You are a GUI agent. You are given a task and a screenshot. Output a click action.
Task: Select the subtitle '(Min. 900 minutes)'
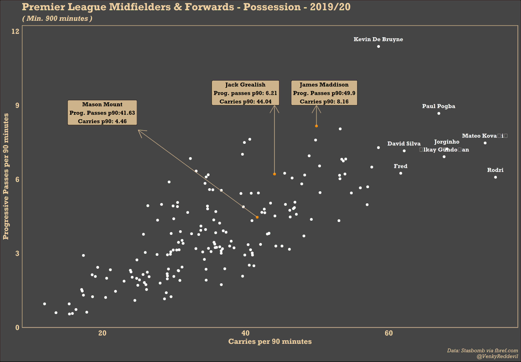(x=57, y=19)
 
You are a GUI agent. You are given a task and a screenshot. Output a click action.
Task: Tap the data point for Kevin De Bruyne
(x=378, y=46)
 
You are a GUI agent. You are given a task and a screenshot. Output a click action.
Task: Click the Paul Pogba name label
(x=439, y=106)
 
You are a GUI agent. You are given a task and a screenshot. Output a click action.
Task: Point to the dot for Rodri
(x=495, y=177)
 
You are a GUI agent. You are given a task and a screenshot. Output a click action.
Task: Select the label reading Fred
(x=400, y=166)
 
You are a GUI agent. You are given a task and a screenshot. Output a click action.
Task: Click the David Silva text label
(x=404, y=144)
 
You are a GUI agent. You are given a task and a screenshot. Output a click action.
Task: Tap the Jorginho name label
(x=446, y=142)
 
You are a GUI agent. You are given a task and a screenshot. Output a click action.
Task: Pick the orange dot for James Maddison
(x=317, y=126)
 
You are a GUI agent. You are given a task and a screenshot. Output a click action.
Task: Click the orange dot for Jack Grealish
(x=274, y=174)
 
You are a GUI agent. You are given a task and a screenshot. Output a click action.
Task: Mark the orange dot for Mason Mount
(x=257, y=217)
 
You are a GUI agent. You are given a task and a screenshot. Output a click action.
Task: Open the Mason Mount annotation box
(x=102, y=113)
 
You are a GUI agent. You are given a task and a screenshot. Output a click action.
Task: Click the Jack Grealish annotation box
(x=245, y=93)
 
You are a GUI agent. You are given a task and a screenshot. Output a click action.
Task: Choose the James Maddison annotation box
(x=324, y=93)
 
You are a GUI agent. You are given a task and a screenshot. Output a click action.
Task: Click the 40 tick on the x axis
(x=246, y=333)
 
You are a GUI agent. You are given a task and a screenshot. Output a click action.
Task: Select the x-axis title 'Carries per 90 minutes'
(x=270, y=342)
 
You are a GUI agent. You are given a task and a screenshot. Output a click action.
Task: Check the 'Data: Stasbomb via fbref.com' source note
(x=482, y=350)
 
